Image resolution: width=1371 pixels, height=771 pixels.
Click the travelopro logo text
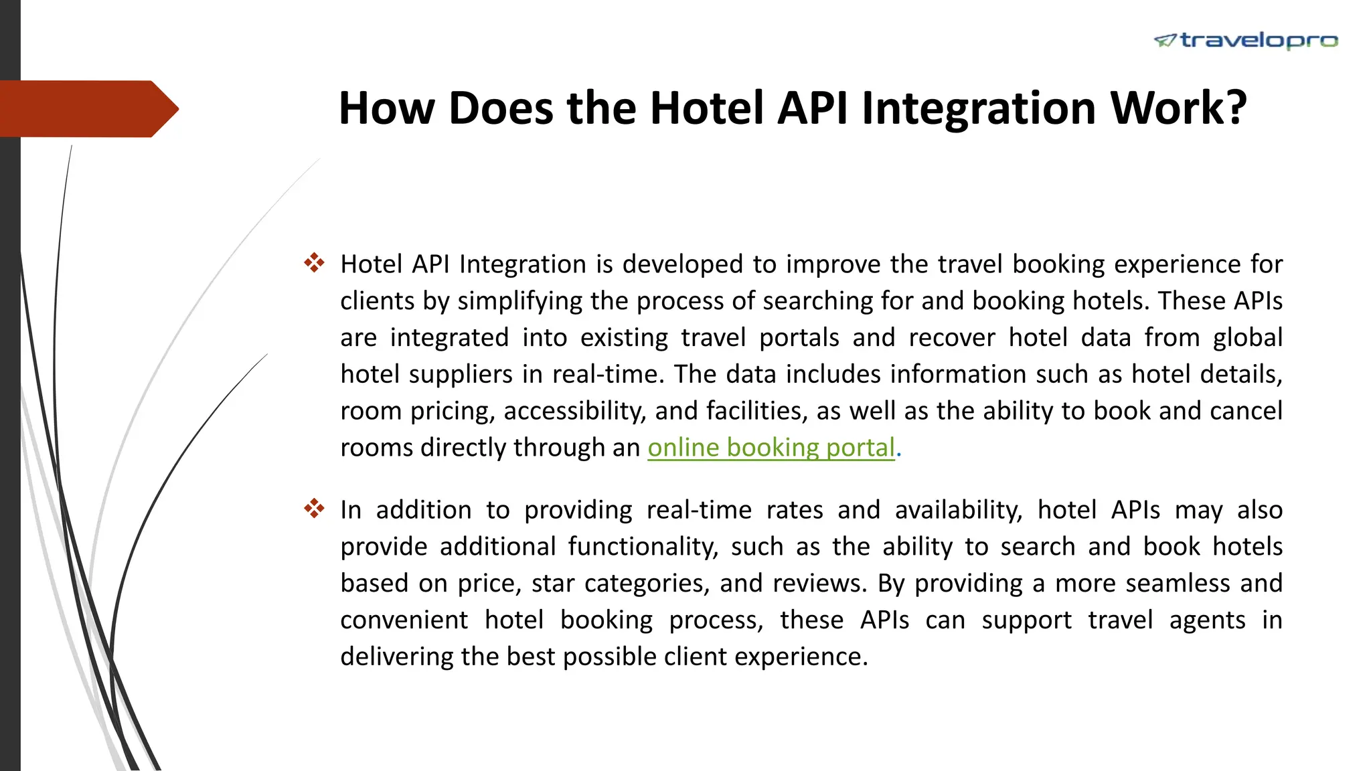(1259, 41)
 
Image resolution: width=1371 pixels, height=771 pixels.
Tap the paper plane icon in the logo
(1165, 41)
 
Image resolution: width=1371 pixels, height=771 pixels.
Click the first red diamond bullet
(314, 262)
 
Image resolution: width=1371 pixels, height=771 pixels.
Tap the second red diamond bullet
(314, 509)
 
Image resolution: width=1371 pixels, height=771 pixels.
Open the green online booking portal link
(771, 448)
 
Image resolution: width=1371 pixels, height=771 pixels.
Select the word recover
(952, 337)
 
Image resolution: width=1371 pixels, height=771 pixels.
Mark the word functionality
(643, 547)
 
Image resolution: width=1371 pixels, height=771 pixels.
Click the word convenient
(404, 620)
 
